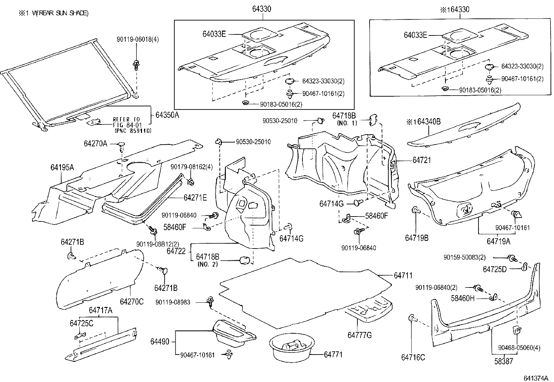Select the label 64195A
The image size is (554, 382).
(62, 168)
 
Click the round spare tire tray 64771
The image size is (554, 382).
(291, 347)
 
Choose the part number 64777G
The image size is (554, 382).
(359, 335)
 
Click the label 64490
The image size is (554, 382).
(160, 342)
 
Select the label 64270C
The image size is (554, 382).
(131, 301)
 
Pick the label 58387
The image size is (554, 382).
(503, 361)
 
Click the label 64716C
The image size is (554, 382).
(413, 357)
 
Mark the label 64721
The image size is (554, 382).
(421, 160)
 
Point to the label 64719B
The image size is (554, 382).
(416, 238)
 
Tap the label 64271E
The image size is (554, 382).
(195, 197)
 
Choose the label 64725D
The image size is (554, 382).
(494, 269)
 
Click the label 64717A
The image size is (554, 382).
(101, 310)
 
